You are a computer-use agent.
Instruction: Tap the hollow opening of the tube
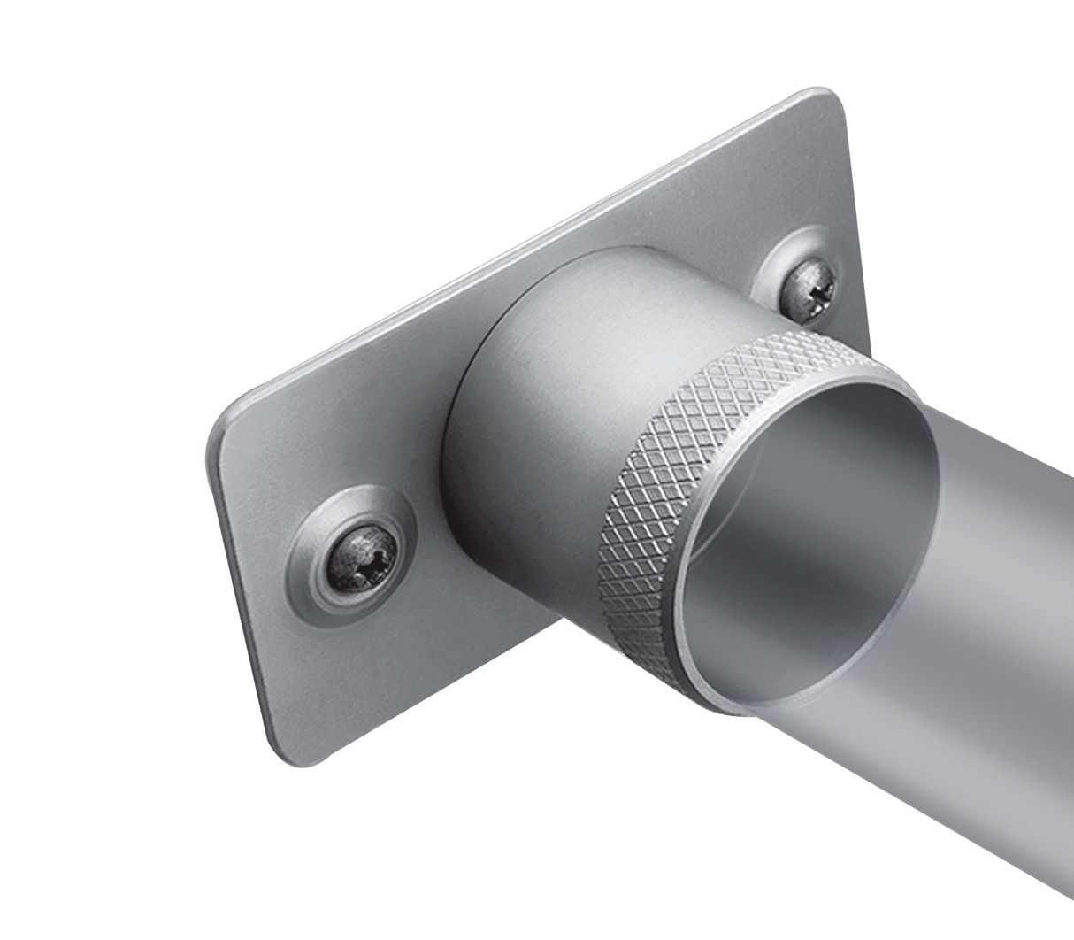pos(796,531)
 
